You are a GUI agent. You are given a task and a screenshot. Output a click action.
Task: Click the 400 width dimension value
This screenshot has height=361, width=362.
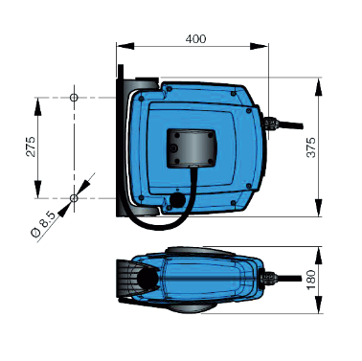click(x=195, y=38)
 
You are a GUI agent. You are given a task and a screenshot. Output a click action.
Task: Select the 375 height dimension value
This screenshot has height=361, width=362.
click(x=311, y=147)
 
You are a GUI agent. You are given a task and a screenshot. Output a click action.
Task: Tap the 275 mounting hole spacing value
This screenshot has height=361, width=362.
click(x=31, y=147)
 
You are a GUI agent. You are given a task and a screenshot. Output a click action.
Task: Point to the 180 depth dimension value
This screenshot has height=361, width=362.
click(x=311, y=280)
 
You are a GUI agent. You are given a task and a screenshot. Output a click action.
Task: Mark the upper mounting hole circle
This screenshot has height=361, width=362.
click(x=74, y=98)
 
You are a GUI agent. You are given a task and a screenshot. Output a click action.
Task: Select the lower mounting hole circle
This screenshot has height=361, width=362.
click(x=74, y=198)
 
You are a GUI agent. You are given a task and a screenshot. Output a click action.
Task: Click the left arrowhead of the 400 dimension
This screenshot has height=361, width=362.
click(x=125, y=46)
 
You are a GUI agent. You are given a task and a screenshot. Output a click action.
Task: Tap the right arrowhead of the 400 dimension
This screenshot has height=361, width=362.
click(x=259, y=46)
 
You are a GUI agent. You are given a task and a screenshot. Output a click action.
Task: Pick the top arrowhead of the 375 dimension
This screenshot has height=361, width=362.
click(x=319, y=87)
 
